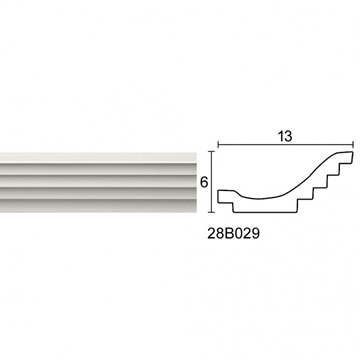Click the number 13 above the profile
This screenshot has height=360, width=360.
coord(286,136)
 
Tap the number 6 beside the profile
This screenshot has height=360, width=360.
coord(204,182)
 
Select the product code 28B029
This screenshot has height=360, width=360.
coord(233,234)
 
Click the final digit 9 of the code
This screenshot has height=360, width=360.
coord(255,234)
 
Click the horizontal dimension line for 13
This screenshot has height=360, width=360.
coord(286,144)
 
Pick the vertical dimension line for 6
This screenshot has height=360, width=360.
coord(212,182)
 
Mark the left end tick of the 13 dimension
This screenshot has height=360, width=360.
coord(218,144)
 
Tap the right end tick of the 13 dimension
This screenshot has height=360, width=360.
coord(353,144)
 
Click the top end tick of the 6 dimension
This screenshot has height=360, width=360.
coord(212,151)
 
